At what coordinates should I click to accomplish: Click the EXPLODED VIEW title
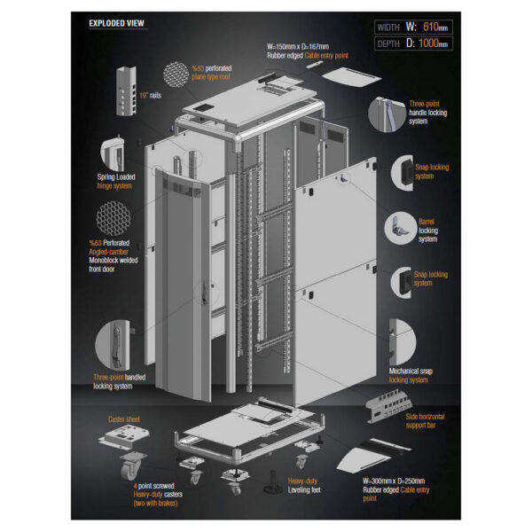click(118, 23)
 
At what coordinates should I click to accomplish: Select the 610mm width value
click(434, 26)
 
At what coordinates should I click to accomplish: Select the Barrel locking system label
click(428, 231)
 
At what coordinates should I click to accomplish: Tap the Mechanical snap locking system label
click(415, 375)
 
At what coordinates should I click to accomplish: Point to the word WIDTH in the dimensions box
click(388, 27)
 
